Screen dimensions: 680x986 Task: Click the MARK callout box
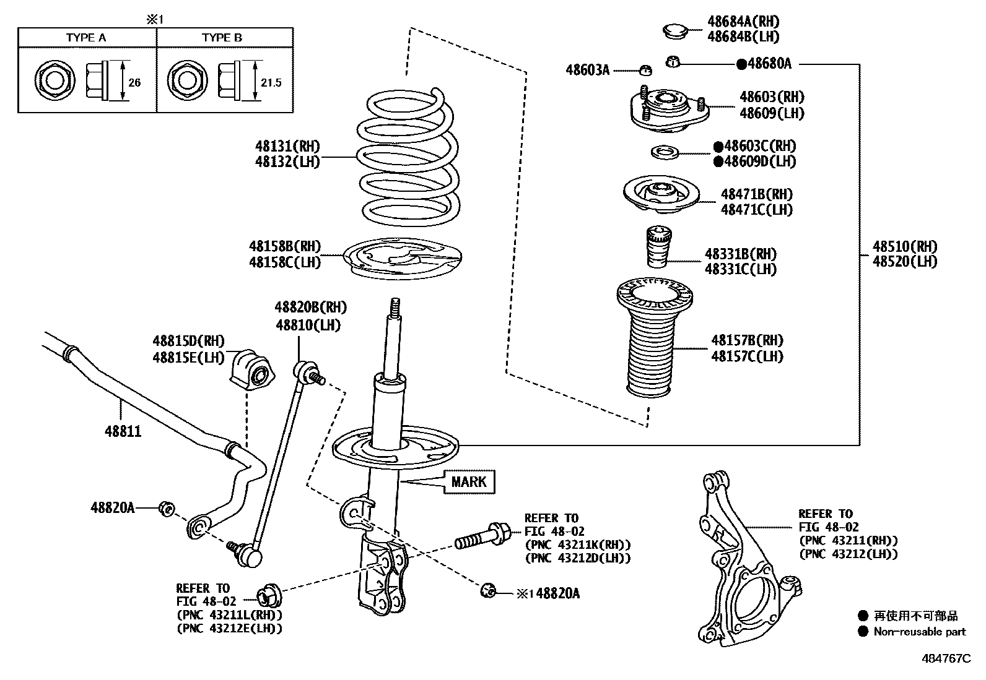(469, 481)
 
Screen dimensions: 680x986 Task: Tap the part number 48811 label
(123, 431)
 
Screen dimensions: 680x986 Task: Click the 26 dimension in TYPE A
(134, 82)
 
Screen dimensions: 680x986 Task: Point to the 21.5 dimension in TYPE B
(271, 82)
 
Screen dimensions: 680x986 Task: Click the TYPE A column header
(86, 38)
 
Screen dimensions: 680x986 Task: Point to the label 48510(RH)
(905, 246)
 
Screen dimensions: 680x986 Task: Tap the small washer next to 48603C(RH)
(665, 152)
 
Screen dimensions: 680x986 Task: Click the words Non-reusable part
(919, 632)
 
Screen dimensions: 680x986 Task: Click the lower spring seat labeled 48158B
(404, 260)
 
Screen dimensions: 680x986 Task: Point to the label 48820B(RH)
(311, 308)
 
